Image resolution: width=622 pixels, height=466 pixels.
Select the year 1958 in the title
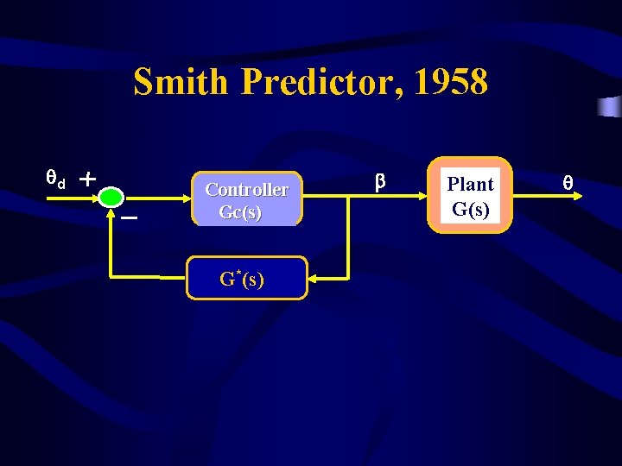(450, 83)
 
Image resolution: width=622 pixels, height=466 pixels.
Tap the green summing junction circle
(111, 198)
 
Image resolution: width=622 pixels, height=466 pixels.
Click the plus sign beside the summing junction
(87, 179)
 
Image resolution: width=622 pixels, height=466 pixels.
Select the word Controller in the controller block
(246, 189)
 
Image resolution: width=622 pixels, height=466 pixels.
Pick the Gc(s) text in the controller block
(240, 212)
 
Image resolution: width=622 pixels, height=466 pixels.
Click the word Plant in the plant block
(470, 184)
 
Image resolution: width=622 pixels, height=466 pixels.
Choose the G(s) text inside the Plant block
(471, 208)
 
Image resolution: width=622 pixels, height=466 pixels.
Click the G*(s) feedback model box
(246, 278)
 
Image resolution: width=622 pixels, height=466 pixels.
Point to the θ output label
(568, 183)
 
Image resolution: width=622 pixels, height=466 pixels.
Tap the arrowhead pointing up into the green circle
(111, 212)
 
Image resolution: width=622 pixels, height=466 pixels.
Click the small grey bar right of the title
(610, 107)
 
